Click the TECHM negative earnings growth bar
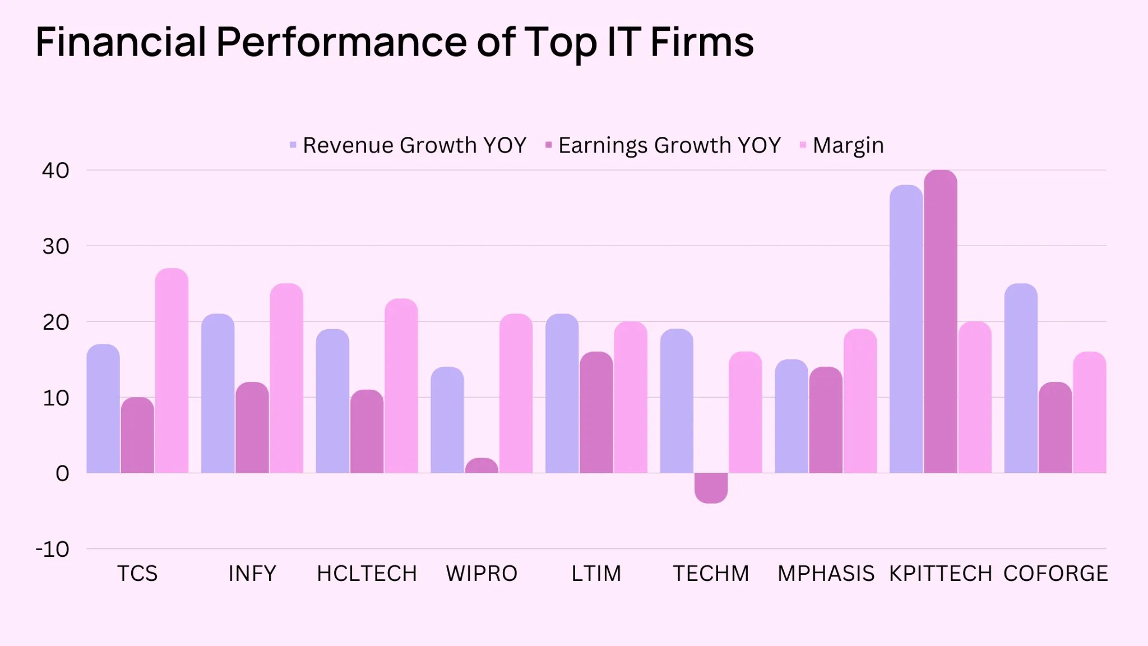(x=711, y=487)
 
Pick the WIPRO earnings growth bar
(x=482, y=466)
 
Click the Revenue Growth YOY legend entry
(x=409, y=145)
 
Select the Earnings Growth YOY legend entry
(x=664, y=145)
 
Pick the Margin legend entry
(x=842, y=145)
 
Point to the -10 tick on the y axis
(x=53, y=549)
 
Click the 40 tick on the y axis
(x=55, y=170)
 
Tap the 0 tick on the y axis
(x=62, y=473)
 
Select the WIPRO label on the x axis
(x=482, y=574)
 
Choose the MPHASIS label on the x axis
(x=826, y=574)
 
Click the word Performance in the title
(x=341, y=42)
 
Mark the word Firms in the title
(x=702, y=42)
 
